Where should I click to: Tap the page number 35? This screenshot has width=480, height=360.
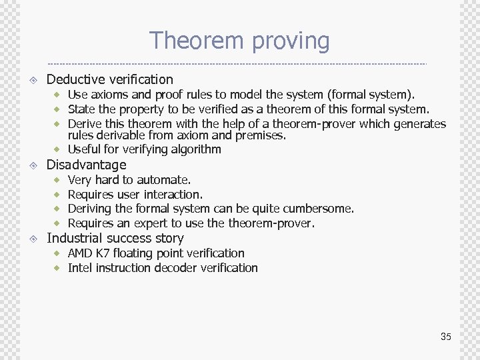445,337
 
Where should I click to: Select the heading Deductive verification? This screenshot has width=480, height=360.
109,79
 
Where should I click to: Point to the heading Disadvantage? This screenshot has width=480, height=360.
86,165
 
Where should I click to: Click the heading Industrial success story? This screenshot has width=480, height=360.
115,238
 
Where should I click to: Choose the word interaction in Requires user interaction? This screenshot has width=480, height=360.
173,195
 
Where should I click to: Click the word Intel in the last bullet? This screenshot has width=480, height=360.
80,268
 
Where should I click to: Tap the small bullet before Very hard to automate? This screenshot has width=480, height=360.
58,180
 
